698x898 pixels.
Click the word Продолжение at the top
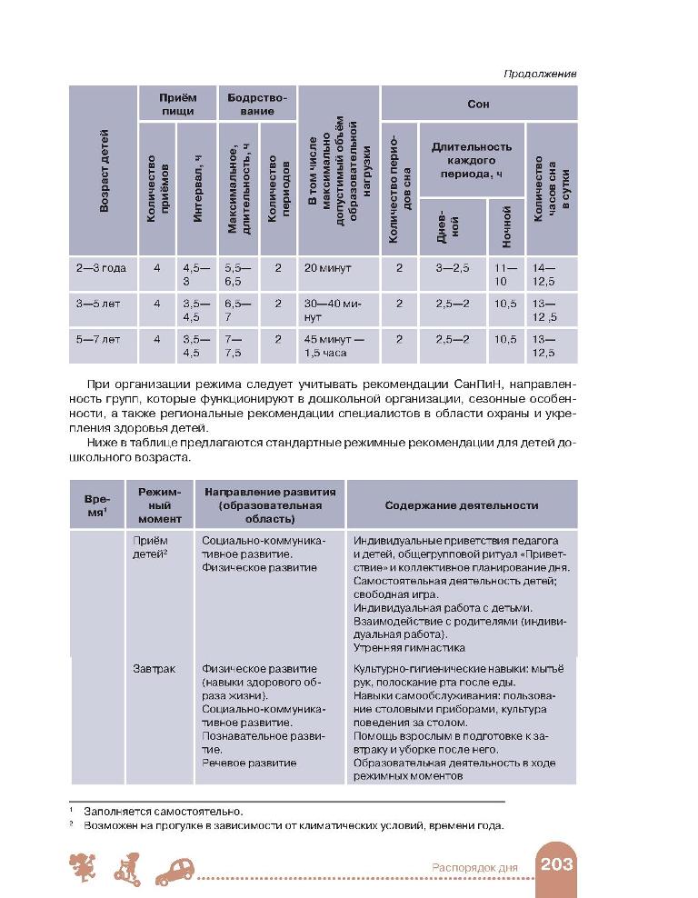point(541,74)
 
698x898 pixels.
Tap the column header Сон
point(478,104)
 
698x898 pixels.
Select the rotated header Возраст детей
point(104,171)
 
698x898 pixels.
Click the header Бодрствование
point(257,104)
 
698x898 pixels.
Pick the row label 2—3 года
point(101,268)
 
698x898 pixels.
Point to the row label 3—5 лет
point(98,303)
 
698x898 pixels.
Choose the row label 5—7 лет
point(98,339)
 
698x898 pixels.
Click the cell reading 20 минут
point(328,268)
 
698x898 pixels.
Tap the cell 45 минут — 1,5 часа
point(335,345)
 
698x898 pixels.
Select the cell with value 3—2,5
point(453,268)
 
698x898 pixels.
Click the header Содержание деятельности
point(461,505)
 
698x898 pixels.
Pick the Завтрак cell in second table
point(153,669)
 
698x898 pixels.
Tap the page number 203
point(556,864)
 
